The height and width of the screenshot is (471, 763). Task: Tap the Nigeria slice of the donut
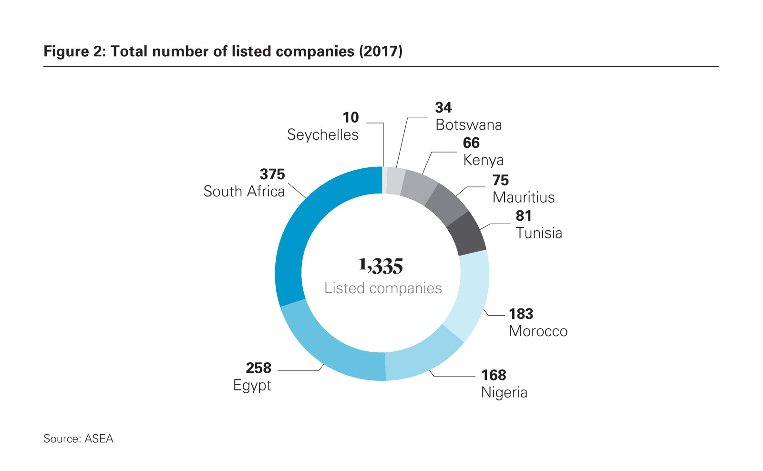coord(422,358)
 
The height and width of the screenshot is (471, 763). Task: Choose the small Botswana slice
coord(395,181)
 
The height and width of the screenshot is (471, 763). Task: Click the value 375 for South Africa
coord(272,174)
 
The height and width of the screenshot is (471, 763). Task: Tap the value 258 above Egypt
coord(258,368)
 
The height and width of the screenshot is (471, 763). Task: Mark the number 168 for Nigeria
coord(494,375)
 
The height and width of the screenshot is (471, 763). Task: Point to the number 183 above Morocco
coord(521,314)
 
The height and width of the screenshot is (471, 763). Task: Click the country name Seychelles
coord(322,135)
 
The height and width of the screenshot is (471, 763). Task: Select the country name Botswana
coord(468,125)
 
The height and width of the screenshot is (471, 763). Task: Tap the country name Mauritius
coord(523,197)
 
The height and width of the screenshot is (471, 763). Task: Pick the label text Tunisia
coord(539,233)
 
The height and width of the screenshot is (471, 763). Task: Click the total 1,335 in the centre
coord(381,266)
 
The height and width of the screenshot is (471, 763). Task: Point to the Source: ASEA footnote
coord(78,439)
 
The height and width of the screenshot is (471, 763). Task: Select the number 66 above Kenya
coord(471,143)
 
